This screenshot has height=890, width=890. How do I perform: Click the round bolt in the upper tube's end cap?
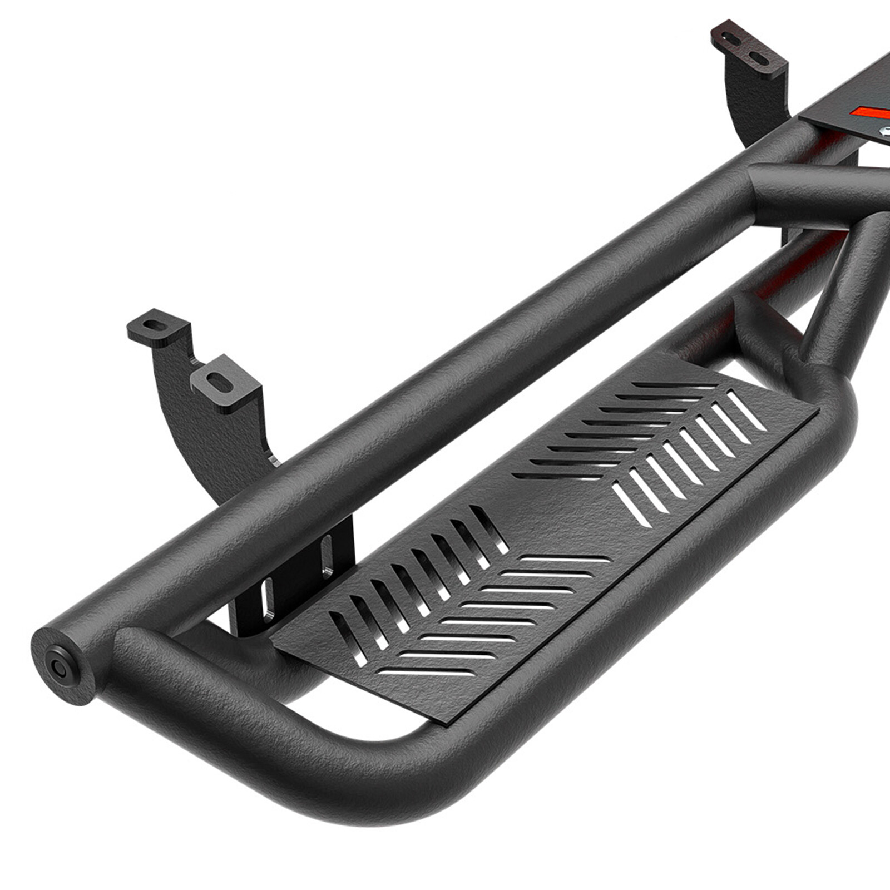[x=57, y=665]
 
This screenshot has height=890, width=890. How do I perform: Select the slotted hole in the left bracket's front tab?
[x=221, y=383]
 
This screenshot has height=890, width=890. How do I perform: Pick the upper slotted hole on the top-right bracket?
[x=733, y=39]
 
